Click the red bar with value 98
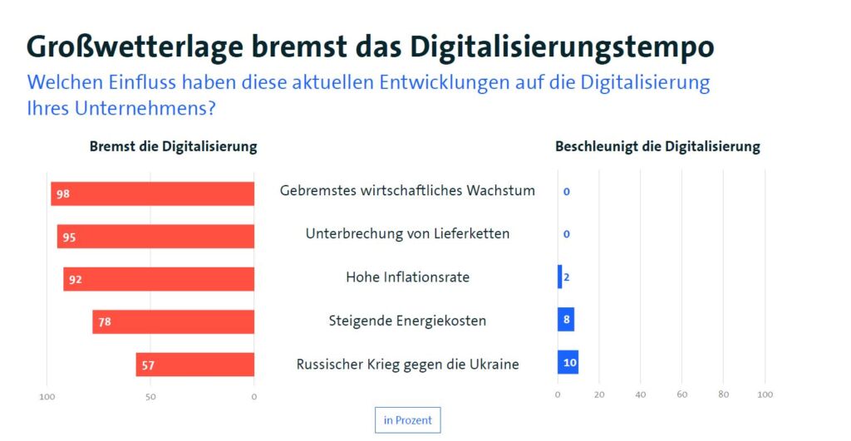152,194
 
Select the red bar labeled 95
155,237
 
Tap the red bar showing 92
159,279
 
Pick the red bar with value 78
173,321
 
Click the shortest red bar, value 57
194,365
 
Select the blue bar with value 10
568,362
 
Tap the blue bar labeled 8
566,320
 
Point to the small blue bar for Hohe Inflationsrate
560,277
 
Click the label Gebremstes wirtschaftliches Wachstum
407,191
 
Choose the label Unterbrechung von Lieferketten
407,233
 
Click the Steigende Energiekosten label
407,320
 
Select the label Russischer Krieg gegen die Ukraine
407,364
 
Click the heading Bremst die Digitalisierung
173,146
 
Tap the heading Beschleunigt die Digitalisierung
657,146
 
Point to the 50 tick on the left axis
150,396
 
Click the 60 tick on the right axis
681,394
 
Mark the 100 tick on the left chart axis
47,396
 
